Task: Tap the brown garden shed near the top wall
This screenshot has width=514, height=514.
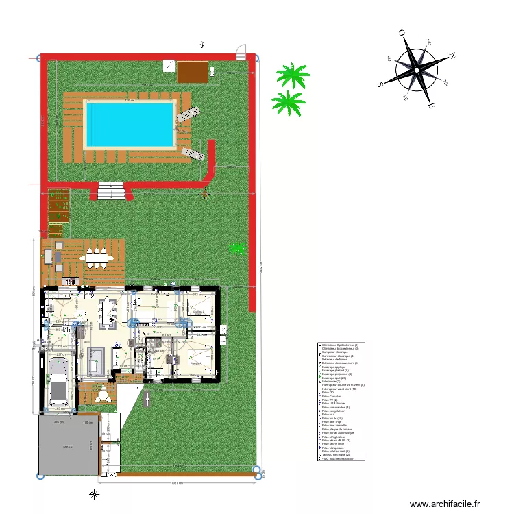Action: [x=193, y=71]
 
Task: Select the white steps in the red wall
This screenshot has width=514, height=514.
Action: [x=112, y=189]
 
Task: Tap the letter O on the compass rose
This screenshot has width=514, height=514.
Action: [x=401, y=32]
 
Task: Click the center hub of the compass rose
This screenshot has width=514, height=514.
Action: [x=416, y=67]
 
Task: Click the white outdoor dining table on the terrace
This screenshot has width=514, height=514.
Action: [x=96, y=258]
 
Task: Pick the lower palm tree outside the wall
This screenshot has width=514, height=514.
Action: [x=288, y=102]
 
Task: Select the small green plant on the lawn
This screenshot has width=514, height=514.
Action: [x=238, y=247]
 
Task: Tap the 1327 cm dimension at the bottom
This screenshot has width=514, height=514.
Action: [x=177, y=482]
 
